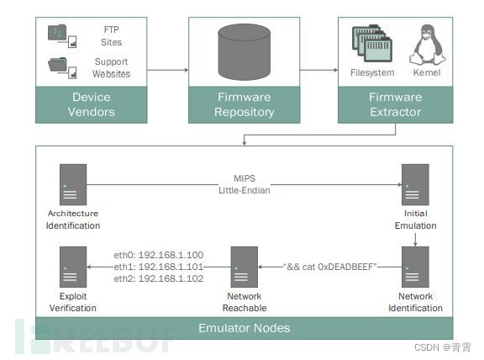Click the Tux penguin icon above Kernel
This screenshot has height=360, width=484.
pyautogui.click(x=428, y=45)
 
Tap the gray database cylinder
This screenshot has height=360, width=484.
pyautogui.click(x=245, y=52)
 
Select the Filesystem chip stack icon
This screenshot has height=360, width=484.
pyautogui.click(x=372, y=44)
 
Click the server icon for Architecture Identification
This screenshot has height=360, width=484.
pyautogui.click(x=73, y=184)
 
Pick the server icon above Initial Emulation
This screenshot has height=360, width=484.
pyautogui.click(x=415, y=184)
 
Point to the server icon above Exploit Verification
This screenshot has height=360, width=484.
pyautogui.click(x=73, y=267)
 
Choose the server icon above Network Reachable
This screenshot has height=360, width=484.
pyautogui.click(x=245, y=267)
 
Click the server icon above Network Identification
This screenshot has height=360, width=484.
pyautogui.click(x=415, y=267)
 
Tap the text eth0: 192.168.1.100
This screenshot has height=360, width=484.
pyautogui.click(x=159, y=255)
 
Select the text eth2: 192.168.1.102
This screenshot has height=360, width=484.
pyautogui.click(x=159, y=278)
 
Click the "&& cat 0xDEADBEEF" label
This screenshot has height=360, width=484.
pyautogui.click(x=330, y=267)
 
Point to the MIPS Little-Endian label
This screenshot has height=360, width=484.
pyautogui.click(x=245, y=184)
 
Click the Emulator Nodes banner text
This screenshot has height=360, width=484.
pyautogui.click(x=245, y=328)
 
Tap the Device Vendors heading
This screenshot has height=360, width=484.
pyautogui.click(x=92, y=104)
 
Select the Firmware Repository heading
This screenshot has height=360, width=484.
pyautogui.click(x=245, y=104)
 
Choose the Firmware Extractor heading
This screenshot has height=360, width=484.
pyautogui.click(x=396, y=104)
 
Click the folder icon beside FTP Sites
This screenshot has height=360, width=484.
pyautogui.click(x=62, y=36)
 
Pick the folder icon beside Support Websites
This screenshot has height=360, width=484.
pyautogui.click(x=62, y=68)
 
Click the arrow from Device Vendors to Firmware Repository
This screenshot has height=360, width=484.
pyautogui.click(x=167, y=70)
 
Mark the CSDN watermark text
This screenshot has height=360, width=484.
pyautogui.click(x=443, y=347)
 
